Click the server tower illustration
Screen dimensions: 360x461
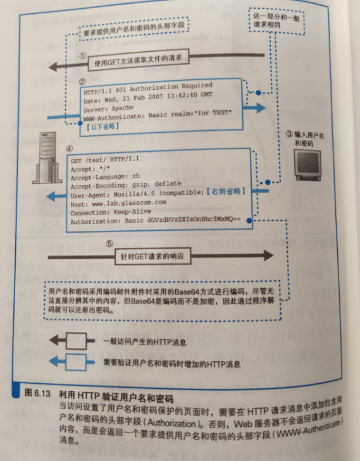point(47,158)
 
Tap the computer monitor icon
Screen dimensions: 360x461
point(307,164)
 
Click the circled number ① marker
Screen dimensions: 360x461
point(84,56)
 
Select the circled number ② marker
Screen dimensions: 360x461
point(82,82)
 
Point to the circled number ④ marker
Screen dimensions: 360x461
point(69,149)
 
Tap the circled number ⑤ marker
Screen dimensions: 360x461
point(109,243)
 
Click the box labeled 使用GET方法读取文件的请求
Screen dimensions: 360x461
point(138,59)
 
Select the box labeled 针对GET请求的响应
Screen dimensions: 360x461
point(152,256)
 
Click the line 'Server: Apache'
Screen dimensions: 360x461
point(109,109)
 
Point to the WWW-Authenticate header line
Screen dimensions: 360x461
point(158,115)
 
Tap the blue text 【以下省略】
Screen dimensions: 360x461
point(102,126)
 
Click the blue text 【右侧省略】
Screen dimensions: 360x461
point(226,192)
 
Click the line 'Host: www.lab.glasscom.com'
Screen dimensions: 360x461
point(118,203)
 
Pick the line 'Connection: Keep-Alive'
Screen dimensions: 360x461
point(111,212)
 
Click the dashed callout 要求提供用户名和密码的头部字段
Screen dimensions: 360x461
point(134,29)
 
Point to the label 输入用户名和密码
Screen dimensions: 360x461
point(306,139)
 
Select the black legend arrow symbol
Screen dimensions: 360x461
point(71,341)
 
